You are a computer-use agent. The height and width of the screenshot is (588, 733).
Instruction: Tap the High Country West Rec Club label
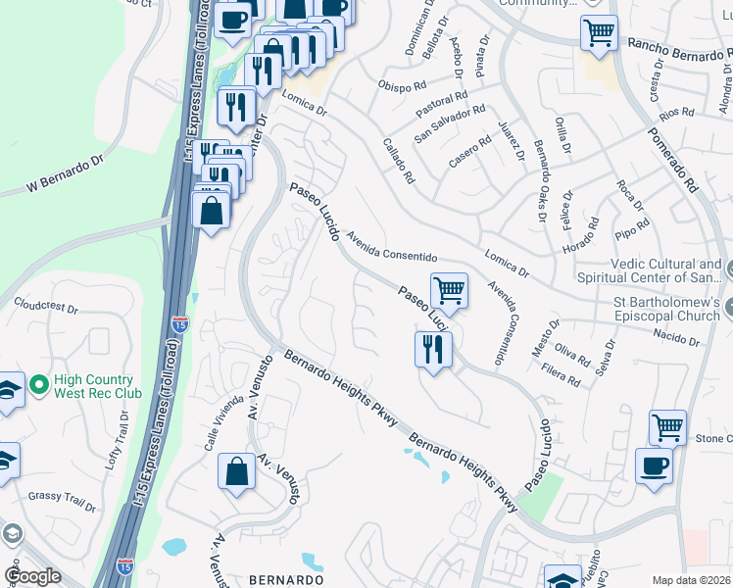tap(94, 386)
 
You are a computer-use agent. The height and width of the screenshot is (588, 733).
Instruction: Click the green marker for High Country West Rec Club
tap(39, 385)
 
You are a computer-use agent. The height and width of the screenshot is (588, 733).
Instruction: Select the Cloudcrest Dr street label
tap(45, 307)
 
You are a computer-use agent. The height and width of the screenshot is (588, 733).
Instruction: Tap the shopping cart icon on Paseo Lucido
tap(449, 290)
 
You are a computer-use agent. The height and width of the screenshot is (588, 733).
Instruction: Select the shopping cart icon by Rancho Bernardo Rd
tap(598, 32)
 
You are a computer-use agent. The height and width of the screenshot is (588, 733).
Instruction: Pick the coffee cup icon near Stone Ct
tap(654, 466)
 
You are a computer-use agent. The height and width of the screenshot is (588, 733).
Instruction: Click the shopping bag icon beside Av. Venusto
tap(236, 471)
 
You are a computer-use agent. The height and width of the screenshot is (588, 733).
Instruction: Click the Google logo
tap(32, 576)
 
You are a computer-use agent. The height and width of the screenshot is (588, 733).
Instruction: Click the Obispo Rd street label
tap(403, 82)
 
